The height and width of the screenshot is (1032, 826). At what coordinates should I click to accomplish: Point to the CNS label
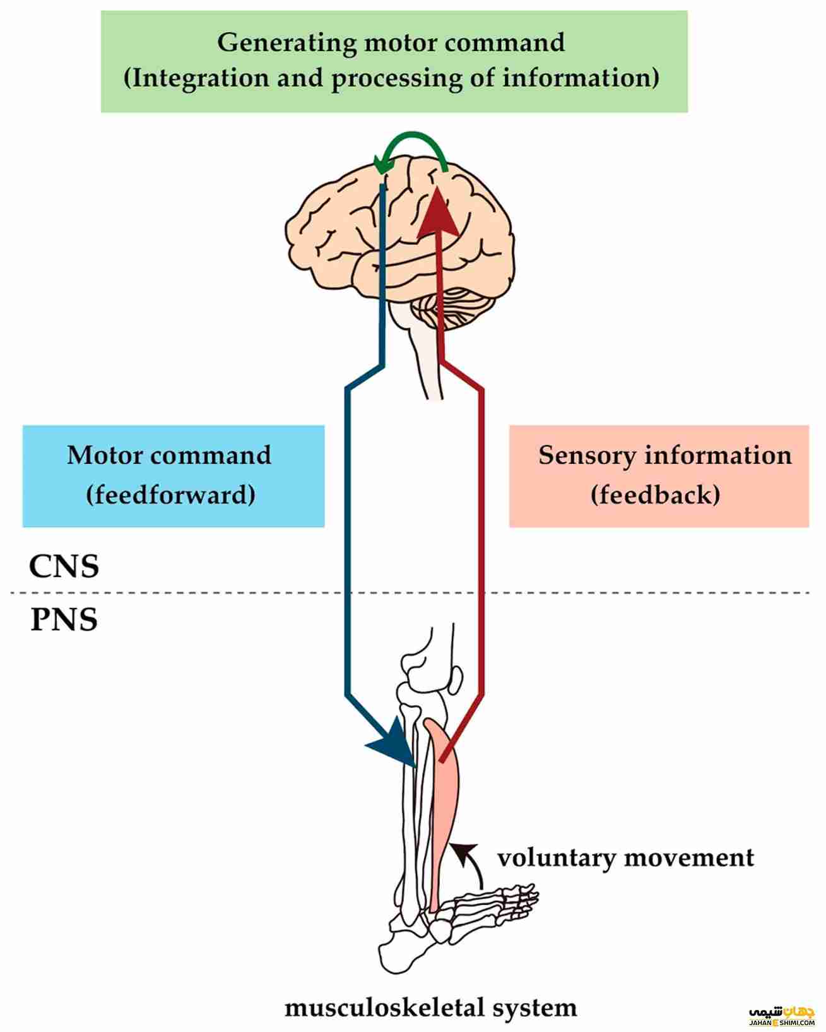pos(64,566)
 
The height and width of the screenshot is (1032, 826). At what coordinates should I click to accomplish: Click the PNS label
pos(64,620)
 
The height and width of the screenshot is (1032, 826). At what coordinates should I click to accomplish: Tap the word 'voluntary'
pos(556,858)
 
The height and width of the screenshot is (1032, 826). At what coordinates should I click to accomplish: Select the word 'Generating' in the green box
pos(287,43)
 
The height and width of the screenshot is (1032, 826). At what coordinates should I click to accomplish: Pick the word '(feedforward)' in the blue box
pos(171,494)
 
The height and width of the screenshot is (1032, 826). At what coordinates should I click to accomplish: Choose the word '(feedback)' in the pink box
pos(656,494)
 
